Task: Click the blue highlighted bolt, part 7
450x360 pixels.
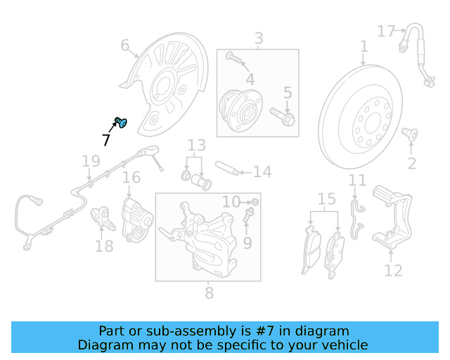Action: tap(121, 122)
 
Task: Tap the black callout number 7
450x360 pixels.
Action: tap(106, 140)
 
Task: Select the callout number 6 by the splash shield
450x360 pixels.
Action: tap(125, 45)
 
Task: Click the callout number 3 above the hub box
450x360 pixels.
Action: tap(259, 38)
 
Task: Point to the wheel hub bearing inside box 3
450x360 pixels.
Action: tap(240, 110)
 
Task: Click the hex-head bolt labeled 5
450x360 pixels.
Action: tap(282, 116)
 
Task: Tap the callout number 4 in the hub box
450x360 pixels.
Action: tap(250, 79)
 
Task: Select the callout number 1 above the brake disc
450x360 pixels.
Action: tap(364, 46)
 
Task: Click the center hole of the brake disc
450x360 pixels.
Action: tap(373, 123)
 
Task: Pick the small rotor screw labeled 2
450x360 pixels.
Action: tap(409, 134)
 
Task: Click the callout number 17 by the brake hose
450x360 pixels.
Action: tap(386, 31)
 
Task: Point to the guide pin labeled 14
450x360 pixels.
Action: tap(227, 168)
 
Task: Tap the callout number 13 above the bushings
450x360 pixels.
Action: tap(197, 146)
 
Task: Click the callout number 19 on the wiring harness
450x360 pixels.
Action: tap(91, 161)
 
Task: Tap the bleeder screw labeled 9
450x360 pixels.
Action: tap(248, 215)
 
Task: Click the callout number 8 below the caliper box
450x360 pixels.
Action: tap(210, 292)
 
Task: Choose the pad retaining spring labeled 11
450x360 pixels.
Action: tap(357, 219)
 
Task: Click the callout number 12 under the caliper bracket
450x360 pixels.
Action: tap(393, 271)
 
